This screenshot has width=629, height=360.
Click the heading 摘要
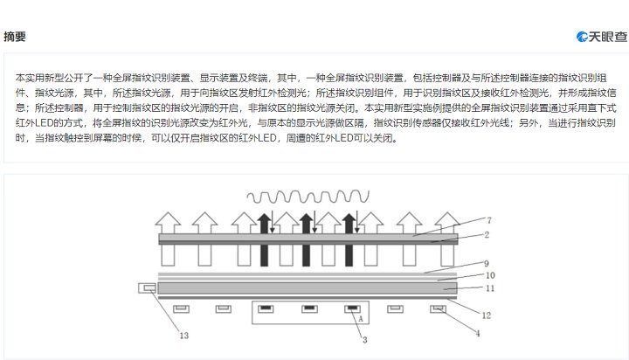click(x=15, y=37)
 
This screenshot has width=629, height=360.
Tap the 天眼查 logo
click(x=601, y=37)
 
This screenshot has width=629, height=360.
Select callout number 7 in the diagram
click(x=489, y=220)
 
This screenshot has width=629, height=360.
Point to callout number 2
click(x=487, y=235)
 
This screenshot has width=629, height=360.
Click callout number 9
click(x=487, y=263)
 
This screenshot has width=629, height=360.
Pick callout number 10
click(x=490, y=275)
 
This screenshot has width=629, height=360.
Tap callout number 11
click(x=490, y=288)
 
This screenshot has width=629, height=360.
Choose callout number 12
click(x=487, y=315)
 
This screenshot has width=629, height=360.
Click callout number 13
click(x=183, y=336)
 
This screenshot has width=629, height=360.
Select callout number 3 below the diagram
click(x=364, y=340)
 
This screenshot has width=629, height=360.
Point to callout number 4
click(x=478, y=333)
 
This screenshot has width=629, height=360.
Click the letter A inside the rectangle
click(x=361, y=319)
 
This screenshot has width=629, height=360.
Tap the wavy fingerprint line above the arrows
click(x=308, y=197)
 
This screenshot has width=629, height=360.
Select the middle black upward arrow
click(x=306, y=239)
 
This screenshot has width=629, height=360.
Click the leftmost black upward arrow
click(x=264, y=239)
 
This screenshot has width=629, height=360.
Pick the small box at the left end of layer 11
click(x=148, y=287)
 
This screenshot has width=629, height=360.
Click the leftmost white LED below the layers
click(x=181, y=309)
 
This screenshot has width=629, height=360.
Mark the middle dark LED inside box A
click(x=309, y=309)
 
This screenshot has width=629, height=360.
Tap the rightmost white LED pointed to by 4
click(x=438, y=309)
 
